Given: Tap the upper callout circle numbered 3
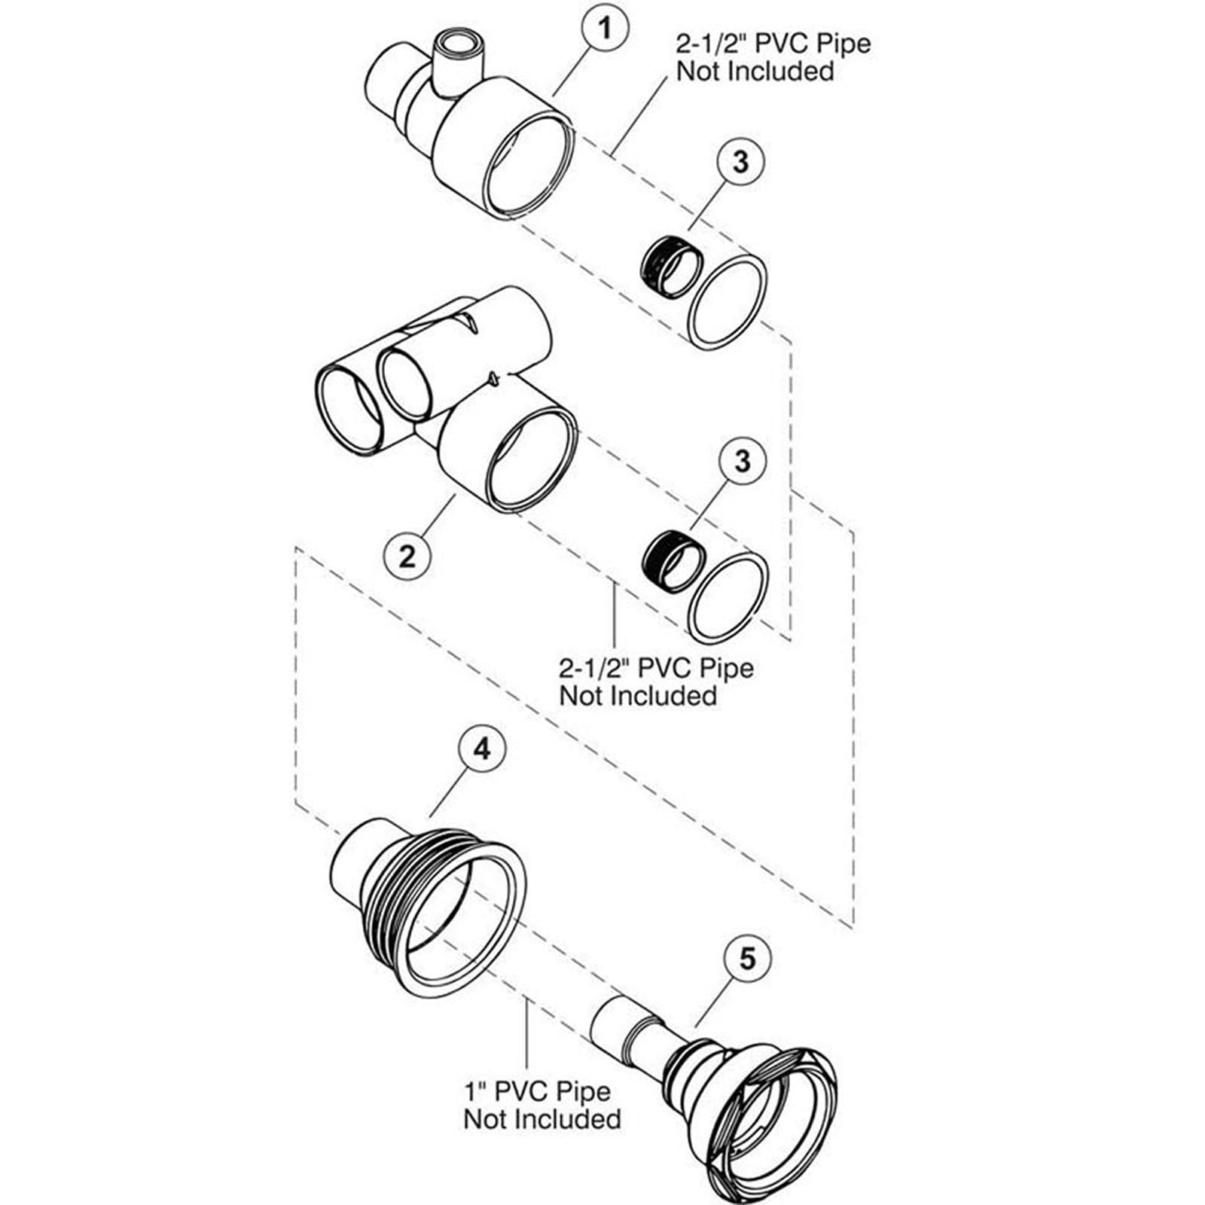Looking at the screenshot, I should coord(740,161).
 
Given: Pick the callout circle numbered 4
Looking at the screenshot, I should coord(482,749).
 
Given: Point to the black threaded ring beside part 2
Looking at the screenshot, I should coord(673,563).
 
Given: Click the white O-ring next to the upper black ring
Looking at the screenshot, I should coord(728,302).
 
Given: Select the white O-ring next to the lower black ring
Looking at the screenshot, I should coord(728,597).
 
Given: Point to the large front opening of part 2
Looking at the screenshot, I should coord(532,457).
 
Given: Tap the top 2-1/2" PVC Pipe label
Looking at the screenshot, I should coord(772,57).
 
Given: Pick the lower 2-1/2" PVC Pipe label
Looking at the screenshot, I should coord(655,681).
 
